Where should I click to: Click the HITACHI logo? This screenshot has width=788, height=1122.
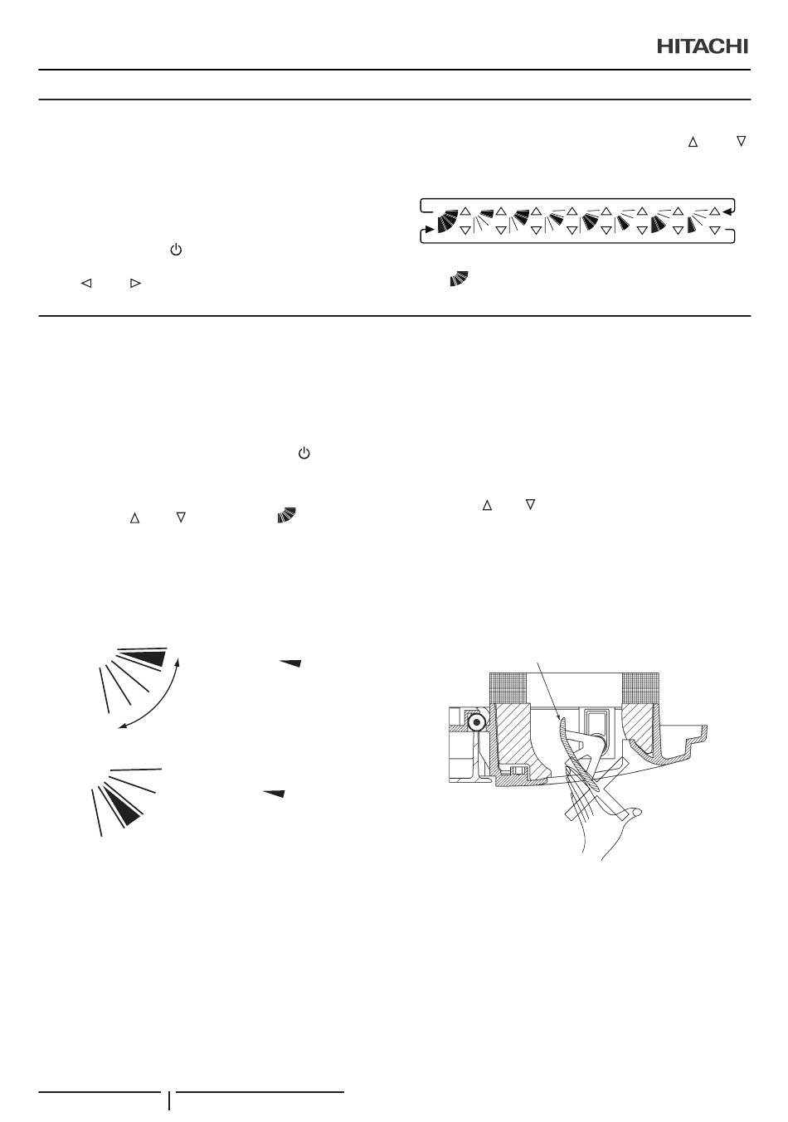tap(703, 46)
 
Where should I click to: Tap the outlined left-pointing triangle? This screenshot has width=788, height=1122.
tap(86, 284)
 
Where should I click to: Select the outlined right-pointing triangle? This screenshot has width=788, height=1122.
tap(135, 284)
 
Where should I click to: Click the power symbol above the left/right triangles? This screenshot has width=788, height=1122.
tap(176, 250)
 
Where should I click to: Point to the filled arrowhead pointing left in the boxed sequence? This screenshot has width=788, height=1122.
tap(727, 212)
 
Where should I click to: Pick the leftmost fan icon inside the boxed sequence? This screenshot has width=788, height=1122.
tap(447, 221)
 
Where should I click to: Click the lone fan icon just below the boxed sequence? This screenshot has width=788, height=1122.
tap(459, 279)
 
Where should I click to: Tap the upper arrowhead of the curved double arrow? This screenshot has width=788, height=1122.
tap(177, 662)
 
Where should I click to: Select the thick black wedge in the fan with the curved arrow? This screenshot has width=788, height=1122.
tap(143, 659)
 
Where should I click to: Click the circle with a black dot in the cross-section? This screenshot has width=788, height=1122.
tap(476, 721)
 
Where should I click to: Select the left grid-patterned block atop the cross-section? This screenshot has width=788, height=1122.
tap(508, 687)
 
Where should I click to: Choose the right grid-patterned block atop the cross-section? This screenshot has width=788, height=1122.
tap(640, 687)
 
